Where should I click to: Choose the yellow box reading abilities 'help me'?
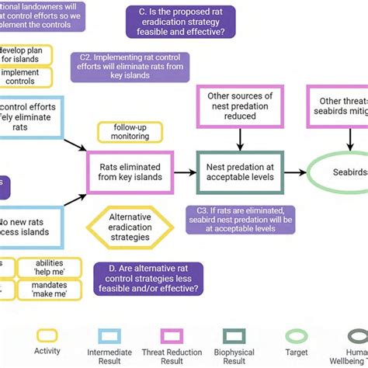[x=49, y=268]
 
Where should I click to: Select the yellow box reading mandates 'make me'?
[x=49, y=289]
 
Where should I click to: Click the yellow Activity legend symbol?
[x=47, y=335]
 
